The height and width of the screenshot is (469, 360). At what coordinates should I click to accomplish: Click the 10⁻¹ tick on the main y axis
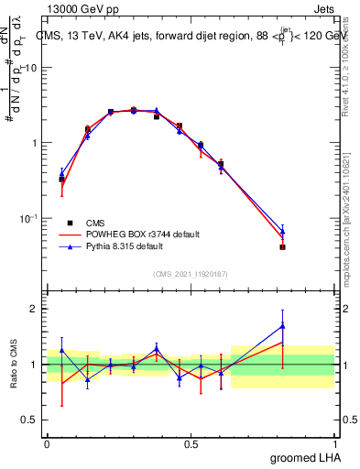tap(31, 218)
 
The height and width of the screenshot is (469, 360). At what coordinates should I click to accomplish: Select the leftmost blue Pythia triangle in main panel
tap(61, 172)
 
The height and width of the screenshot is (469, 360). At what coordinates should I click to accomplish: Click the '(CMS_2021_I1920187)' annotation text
tap(191, 274)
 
